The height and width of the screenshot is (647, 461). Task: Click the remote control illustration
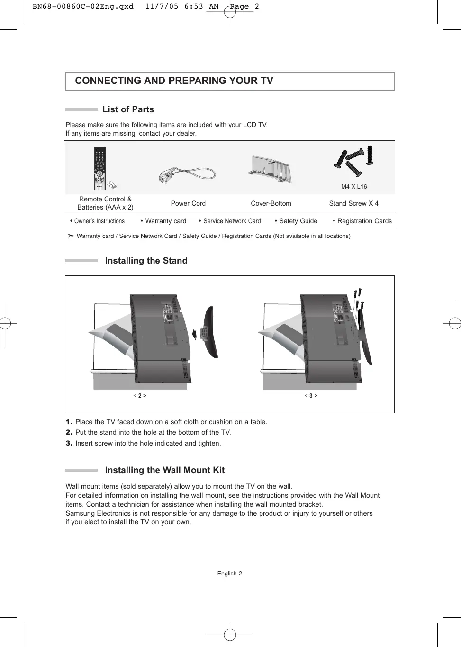[x=100, y=168]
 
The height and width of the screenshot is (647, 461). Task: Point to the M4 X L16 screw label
[x=354, y=187]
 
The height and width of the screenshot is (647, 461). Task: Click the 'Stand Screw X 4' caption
[x=353, y=203]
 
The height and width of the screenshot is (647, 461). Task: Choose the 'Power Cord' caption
[x=188, y=203]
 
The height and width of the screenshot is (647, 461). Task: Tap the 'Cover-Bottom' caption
[x=271, y=203]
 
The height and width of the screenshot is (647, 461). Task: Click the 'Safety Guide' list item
[x=298, y=221]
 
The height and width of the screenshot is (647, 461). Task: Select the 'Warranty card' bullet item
[x=165, y=221]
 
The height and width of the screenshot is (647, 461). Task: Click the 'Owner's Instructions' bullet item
[x=99, y=221]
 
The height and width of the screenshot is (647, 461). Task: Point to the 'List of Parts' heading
[x=128, y=109]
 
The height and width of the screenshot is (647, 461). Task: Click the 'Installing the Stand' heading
[x=146, y=261]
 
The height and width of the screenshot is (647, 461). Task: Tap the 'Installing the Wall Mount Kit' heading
[x=164, y=470]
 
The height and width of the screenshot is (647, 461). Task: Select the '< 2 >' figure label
[x=140, y=396]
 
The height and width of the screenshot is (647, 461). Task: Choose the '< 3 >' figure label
[x=311, y=396]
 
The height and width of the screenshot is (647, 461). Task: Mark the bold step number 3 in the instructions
[x=69, y=443]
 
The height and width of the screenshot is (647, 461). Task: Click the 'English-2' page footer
[x=229, y=574]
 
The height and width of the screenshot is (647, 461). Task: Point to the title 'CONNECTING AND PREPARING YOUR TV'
[x=174, y=81]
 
